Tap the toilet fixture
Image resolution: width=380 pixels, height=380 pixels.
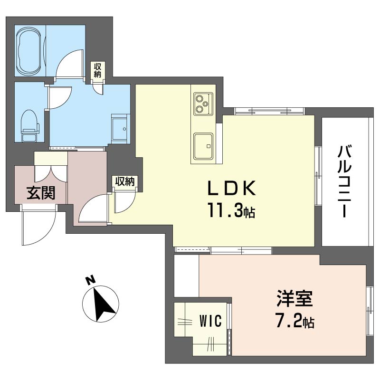30,125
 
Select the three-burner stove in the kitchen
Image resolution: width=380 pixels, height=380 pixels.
203,104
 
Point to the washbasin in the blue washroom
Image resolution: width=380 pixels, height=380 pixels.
119,129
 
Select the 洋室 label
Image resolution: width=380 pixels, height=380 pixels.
295,299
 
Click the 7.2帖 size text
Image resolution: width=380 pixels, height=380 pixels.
295,321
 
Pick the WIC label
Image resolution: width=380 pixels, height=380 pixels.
210,321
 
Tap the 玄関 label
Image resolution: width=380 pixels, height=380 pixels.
41,193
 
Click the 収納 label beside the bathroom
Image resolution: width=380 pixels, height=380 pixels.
97,70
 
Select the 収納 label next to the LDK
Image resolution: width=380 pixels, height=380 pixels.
125,181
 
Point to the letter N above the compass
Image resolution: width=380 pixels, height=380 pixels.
91,280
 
